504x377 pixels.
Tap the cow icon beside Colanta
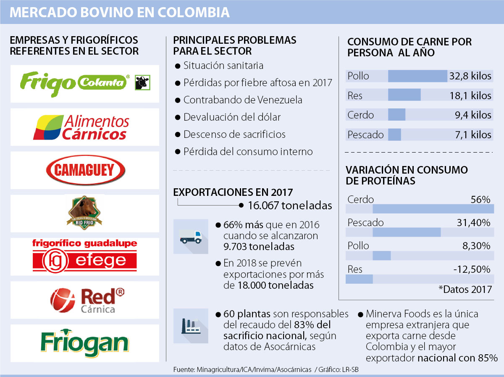point(142,82)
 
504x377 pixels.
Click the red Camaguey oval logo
point(85,170)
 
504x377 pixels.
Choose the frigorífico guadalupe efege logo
point(85,255)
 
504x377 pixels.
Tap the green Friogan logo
point(85,343)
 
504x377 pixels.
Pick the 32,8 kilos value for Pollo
point(470,76)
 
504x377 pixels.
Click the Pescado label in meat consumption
point(365,135)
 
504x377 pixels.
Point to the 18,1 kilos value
point(470,95)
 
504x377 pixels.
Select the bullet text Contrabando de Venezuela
point(243,100)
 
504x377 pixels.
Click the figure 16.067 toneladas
point(290,206)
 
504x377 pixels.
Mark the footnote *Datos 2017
point(465,289)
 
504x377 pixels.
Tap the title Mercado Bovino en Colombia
point(120,12)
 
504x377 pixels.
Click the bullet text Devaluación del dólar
point(232,117)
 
